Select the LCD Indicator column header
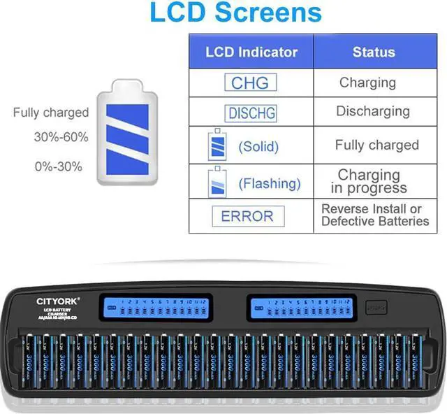(251, 52)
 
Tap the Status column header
(373, 52)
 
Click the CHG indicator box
(250, 83)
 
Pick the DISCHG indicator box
(251, 113)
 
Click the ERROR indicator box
(249, 216)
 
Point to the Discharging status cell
(373, 111)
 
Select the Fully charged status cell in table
(376, 145)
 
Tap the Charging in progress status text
(369, 181)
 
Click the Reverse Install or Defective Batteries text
(375, 215)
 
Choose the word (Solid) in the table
(258, 147)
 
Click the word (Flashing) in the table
(270, 184)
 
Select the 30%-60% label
(61, 138)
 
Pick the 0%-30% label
(58, 166)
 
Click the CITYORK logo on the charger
(59, 301)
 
